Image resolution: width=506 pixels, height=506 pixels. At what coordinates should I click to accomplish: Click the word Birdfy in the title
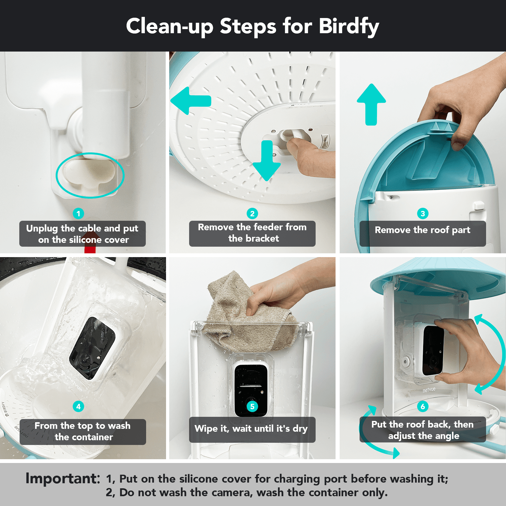click(349, 26)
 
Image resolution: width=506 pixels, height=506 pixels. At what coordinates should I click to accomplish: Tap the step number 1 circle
click(78, 214)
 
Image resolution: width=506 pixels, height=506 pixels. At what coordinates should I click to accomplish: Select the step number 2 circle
click(252, 214)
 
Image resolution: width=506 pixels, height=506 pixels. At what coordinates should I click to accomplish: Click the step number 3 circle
click(423, 214)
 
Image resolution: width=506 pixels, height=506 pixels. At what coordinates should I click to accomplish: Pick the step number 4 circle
click(78, 406)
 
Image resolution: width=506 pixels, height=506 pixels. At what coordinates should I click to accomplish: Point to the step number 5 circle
click(252, 406)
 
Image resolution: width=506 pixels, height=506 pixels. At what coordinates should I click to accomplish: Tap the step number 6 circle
click(423, 406)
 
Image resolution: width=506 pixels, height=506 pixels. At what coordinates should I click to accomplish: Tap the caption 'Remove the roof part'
click(423, 230)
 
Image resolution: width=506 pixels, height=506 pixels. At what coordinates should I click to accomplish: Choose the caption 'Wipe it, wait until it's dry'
click(251, 429)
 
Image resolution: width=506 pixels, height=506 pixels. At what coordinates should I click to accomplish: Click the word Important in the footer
click(63, 478)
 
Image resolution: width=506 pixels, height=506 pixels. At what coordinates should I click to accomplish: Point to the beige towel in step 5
click(244, 319)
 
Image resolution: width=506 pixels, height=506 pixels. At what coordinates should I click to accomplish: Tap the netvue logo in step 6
click(429, 390)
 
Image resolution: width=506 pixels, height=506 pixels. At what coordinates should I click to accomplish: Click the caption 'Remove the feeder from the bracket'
click(252, 233)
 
